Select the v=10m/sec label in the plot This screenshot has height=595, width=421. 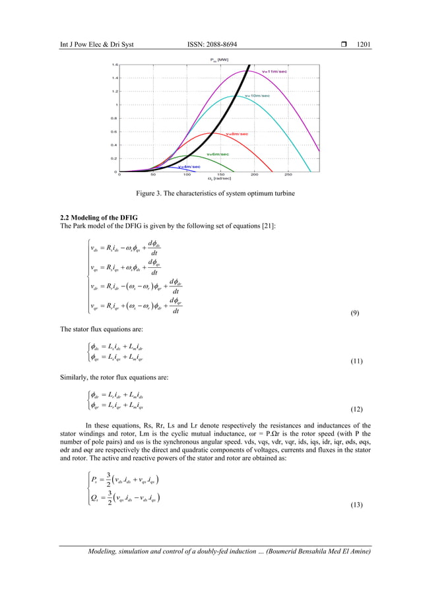point(257,96)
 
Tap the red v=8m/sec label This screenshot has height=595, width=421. point(237,134)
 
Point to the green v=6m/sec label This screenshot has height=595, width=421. point(218,154)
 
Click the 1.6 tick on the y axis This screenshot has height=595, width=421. point(114,65)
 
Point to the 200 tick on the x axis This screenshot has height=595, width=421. point(254,175)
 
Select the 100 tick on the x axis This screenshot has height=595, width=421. point(187,175)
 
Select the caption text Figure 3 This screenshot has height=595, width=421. point(152,194)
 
